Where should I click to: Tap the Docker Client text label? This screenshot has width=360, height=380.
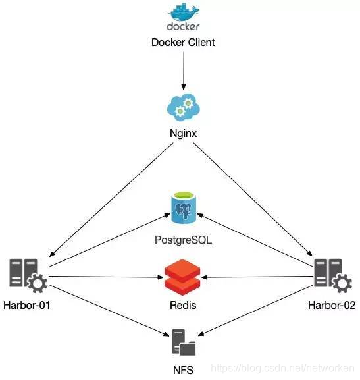click(183, 42)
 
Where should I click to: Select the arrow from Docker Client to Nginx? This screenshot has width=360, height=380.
click(184, 70)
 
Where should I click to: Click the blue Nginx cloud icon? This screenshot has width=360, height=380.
click(184, 107)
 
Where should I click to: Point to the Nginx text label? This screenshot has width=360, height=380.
click(183, 134)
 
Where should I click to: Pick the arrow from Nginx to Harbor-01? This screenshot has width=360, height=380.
click(111, 200)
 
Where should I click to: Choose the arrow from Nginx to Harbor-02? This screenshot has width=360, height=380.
click(253, 199)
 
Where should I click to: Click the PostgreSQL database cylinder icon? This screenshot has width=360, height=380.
click(184, 207)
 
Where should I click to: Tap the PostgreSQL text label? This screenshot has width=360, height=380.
click(183, 240)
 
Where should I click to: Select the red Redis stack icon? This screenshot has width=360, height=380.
click(182, 277)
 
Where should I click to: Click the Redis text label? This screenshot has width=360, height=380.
click(183, 305)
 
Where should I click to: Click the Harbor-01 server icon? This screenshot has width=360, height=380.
click(28, 275)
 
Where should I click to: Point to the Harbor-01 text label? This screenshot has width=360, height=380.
click(26, 305)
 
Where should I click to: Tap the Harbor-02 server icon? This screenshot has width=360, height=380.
click(333, 275)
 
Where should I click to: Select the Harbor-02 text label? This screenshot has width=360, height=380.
click(332, 305)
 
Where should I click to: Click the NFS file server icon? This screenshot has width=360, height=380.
click(184, 342)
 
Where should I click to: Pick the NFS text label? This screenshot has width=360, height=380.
click(183, 370)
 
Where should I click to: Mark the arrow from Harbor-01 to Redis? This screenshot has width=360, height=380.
click(106, 277)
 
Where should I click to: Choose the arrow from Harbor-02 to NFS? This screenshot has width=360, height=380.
click(256, 310)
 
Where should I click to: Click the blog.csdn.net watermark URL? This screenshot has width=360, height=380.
click(282, 368)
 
